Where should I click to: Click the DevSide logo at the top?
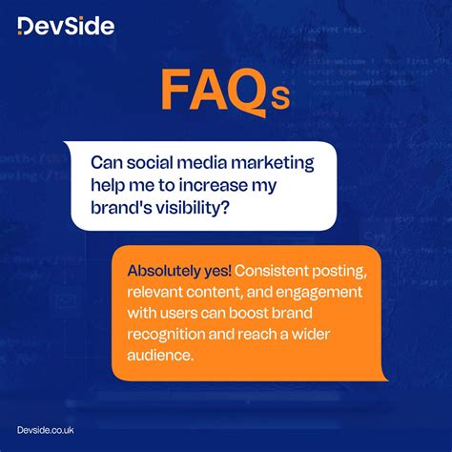[66, 25]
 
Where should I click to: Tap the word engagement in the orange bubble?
[311, 291]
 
